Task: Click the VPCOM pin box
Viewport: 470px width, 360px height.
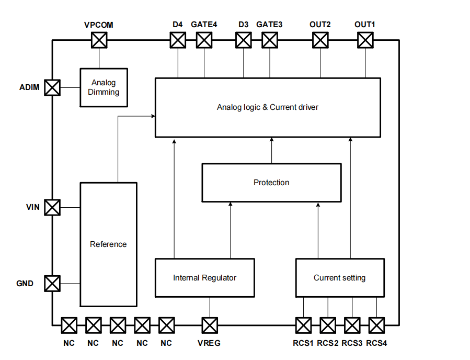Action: (x=99, y=40)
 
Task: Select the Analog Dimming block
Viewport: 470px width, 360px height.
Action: (x=103, y=87)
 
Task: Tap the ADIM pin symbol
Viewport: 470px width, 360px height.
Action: (x=52, y=87)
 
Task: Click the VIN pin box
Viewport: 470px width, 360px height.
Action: (x=52, y=207)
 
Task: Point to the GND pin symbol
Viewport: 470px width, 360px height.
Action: (x=52, y=284)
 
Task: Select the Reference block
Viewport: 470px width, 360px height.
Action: (x=108, y=244)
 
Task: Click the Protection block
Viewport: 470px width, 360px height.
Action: (x=271, y=183)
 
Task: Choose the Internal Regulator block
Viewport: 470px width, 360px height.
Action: (x=205, y=277)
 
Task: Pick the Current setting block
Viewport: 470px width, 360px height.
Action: (x=340, y=277)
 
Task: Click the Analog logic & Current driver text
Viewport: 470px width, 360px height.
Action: (x=268, y=107)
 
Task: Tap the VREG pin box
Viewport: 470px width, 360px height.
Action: (x=210, y=325)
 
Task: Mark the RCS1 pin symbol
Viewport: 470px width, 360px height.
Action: (x=303, y=325)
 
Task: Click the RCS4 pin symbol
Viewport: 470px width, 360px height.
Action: (x=376, y=325)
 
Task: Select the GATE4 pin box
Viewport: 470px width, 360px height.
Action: (x=204, y=40)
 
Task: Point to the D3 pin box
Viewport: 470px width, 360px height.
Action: (x=243, y=40)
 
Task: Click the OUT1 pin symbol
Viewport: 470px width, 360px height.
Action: (x=365, y=40)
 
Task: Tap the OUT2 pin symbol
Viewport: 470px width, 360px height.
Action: (x=320, y=40)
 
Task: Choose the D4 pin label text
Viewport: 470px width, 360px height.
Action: (x=178, y=25)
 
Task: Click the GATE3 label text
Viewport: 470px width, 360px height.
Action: (x=269, y=25)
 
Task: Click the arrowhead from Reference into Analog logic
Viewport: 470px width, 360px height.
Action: (x=153, y=117)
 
